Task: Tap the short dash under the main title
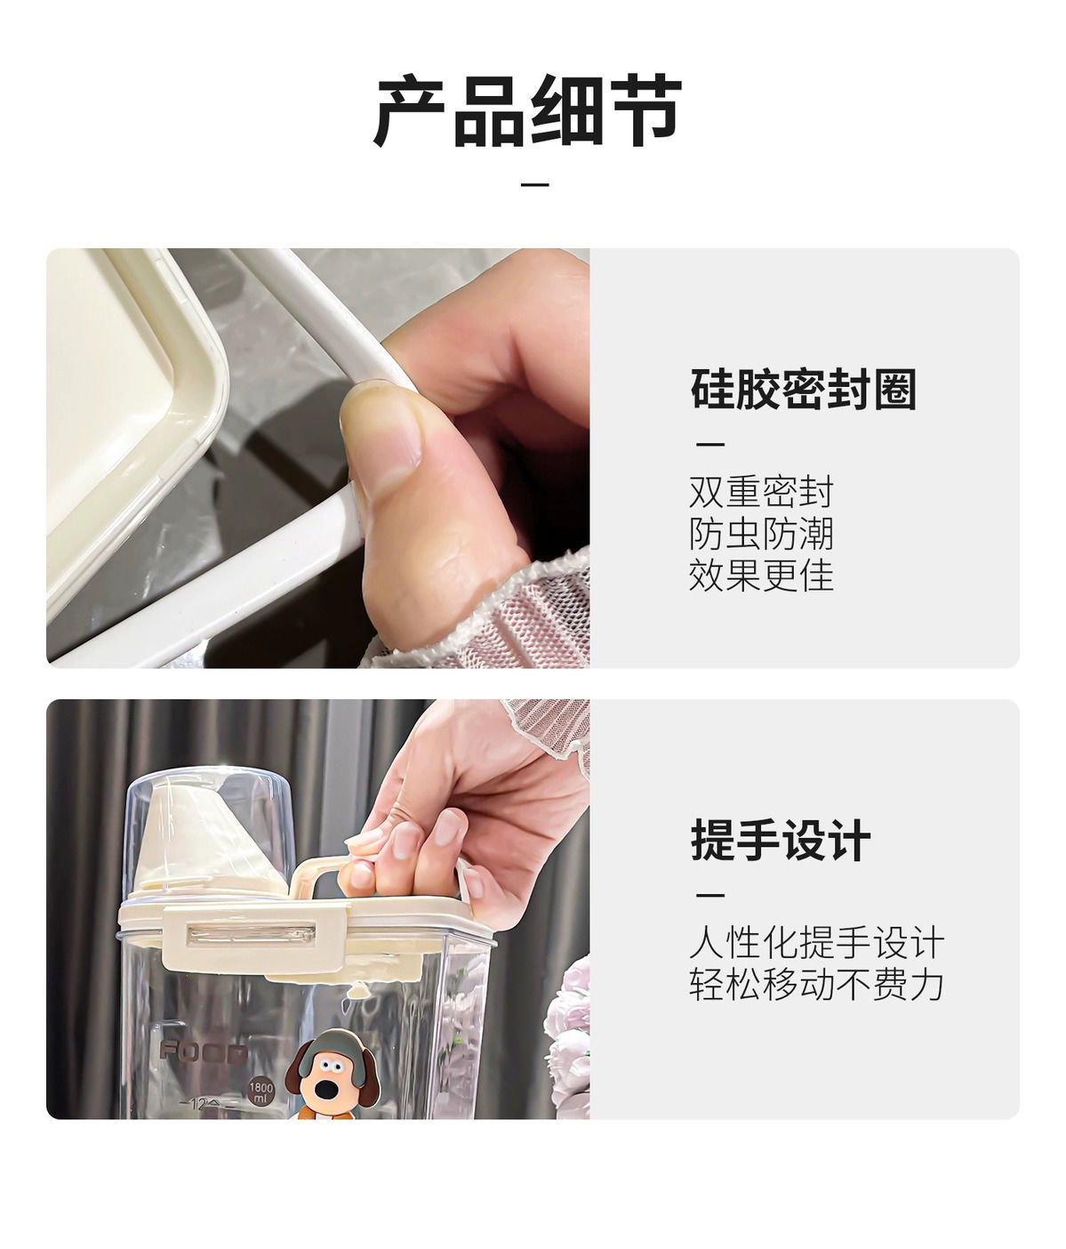coord(534,184)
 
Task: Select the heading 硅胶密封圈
coord(803,389)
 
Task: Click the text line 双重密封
coord(761,492)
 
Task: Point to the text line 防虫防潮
coord(761,534)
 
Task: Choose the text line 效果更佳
coord(761,576)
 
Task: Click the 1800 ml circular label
coord(261,1092)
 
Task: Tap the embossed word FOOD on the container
coord(204,1052)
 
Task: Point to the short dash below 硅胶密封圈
coord(710,444)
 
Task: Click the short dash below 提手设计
coord(710,895)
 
